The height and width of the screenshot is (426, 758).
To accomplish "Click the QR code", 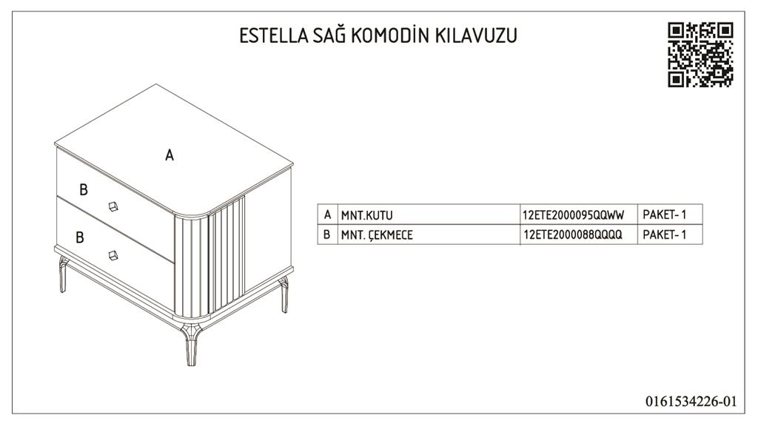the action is [x=700, y=55].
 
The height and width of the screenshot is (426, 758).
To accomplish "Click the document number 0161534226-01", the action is [x=691, y=402].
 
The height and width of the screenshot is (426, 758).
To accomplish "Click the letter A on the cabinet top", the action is [x=170, y=155].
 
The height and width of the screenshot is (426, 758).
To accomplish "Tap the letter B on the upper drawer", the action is [x=84, y=190].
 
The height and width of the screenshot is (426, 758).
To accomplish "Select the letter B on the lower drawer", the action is [x=80, y=237].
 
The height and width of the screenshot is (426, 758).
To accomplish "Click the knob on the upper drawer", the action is [x=113, y=206].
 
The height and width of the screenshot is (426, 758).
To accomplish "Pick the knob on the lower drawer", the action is [x=113, y=255].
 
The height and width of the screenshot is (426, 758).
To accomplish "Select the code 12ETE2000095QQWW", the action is [x=574, y=215].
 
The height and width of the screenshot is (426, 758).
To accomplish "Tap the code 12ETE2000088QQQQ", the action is [x=573, y=234].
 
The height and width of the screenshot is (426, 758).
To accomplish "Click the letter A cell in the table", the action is [x=328, y=214].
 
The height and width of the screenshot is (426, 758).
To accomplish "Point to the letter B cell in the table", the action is [x=327, y=234].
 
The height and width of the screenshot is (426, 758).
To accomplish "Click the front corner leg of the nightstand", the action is [x=191, y=345].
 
